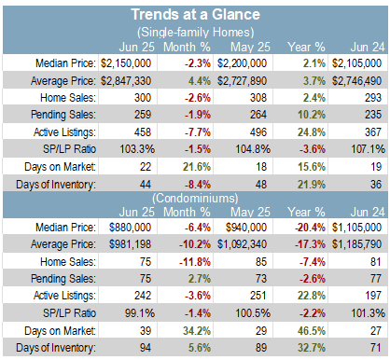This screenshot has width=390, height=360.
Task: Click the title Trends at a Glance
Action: point(195,15)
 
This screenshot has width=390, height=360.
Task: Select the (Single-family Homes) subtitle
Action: point(195,33)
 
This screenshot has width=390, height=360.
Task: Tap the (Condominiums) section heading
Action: point(195,198)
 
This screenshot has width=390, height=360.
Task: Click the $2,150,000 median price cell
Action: point(126,63)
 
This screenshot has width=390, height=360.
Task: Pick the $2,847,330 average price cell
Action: point(126,81)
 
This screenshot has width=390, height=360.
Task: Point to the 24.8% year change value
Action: point(312,132)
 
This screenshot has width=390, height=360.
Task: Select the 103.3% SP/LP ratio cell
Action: point(137,149)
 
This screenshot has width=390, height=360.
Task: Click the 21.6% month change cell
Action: point(197,167)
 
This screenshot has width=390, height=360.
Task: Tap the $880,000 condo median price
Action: point(130,228)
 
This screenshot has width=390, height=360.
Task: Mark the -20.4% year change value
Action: point(310,228)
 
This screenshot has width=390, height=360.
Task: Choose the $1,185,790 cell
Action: point(356,244)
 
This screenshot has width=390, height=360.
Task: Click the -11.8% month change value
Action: point(195,262)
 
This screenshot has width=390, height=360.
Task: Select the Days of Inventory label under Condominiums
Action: point(56,348)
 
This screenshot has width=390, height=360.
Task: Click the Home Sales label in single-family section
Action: point(68,98)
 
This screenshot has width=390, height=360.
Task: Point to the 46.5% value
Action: point(312,331)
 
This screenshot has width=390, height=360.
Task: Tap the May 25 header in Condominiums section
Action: point(250,212)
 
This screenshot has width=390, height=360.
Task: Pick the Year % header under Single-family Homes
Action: point(306,48)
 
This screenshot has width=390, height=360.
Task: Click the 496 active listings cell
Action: point(258,132)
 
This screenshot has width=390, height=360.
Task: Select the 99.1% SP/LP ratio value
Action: point(140,313)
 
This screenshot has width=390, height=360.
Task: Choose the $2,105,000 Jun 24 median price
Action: point(356,63)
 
